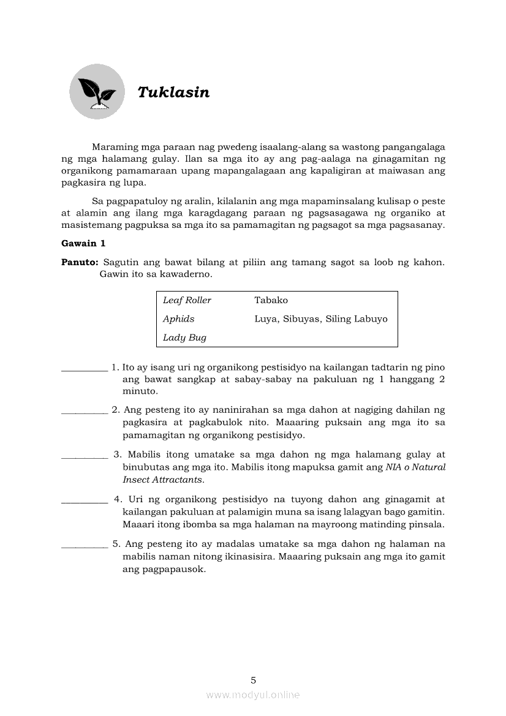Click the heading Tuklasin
click(173, 92)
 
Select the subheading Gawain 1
click(83, 243)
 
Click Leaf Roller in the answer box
click(187, 300)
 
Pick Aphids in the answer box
click(178, 318)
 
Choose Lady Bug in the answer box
click(184, 337)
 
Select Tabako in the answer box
click(271, 300)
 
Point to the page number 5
click(253, 680)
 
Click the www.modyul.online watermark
click(253, 695)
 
